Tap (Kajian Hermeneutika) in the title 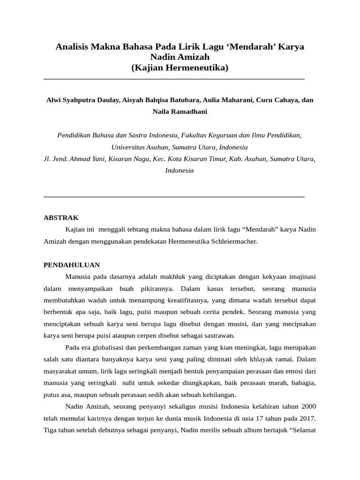[180, 68]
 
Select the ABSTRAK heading [61, 218]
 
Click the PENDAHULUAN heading [72, 265]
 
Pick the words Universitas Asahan [139, 147]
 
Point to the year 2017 [306, 418]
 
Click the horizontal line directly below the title [174, 79]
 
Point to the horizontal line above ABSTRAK [174, 197]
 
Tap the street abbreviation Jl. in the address [47, 159]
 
